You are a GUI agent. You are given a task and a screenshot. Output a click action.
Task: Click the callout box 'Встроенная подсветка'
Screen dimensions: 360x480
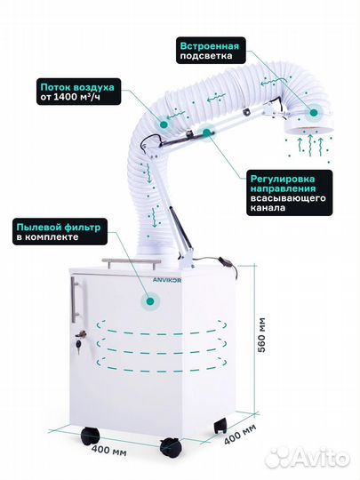tap(211, 51)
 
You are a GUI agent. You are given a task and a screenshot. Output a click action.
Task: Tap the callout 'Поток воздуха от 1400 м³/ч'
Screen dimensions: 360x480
tap(79, 92)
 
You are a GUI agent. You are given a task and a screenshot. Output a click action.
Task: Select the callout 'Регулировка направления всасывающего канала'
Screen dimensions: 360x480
tap(289, 193)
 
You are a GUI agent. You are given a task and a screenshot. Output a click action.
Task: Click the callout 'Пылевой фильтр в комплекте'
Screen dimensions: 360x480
tap(60, 231)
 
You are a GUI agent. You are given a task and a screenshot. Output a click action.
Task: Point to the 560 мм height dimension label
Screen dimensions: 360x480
tap(262, 335)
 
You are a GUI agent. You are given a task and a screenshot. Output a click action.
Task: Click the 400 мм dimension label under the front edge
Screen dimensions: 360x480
tap(108, 451)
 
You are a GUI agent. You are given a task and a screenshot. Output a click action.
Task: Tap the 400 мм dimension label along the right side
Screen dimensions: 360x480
tap(240, 435)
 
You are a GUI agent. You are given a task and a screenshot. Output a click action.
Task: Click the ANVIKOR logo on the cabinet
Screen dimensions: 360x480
tap(167, 280)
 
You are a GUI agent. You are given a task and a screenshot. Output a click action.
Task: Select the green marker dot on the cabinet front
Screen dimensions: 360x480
tap(150, 301)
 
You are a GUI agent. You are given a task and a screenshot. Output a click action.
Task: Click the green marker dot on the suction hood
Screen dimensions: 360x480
tap(313, 113)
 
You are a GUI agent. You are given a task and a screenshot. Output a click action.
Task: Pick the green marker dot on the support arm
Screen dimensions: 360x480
tap(207, 132)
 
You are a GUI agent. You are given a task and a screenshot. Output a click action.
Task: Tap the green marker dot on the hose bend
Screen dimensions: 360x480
tap(164, 124)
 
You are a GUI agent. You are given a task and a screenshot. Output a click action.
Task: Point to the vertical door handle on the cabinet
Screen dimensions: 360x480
tap(75, 300)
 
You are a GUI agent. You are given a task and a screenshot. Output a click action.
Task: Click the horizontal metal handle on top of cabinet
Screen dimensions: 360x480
tap(132, 262)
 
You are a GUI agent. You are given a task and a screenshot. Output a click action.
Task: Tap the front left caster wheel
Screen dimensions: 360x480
tap(90, 436)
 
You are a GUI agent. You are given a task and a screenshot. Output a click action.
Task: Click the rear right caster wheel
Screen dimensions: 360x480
tap(220, 425)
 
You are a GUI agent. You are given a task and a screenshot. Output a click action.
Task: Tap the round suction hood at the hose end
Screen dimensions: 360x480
tap(308, 124)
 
